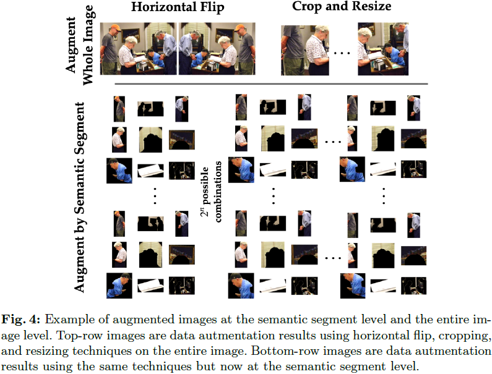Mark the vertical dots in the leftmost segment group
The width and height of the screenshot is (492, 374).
[156, 194]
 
